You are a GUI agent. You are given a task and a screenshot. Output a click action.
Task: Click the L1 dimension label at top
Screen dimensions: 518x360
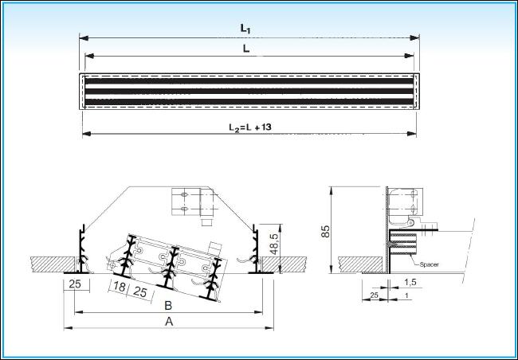(x=245, y=29)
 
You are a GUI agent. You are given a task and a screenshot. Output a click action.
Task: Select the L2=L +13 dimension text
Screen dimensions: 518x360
(x=250, y=127)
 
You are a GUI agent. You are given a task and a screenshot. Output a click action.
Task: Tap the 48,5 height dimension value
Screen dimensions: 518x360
(x=274, y=244)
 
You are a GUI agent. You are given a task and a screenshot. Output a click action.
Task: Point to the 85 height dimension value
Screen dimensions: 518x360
(x=325, y=231)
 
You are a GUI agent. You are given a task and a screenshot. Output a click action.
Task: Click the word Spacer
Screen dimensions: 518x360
(x=429, y=264)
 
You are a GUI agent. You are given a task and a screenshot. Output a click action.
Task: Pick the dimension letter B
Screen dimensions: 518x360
(x=168, y=306)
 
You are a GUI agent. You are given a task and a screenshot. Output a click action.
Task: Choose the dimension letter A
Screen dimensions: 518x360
(x=169, y=321)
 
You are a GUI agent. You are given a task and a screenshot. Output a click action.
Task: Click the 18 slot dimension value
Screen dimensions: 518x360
(x=120, y=287)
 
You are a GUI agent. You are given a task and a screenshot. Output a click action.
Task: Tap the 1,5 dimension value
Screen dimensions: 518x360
(x=410, y=282)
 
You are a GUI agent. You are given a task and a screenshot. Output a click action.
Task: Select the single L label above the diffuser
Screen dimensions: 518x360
(x=246, y=49)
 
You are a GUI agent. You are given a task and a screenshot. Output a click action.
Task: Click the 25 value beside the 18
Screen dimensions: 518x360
(x=140, y=292)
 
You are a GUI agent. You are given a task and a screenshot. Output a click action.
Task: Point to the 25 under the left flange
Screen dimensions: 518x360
(x=75, y=284)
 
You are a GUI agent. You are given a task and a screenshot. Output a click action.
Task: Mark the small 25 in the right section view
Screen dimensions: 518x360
(x=374, y=295)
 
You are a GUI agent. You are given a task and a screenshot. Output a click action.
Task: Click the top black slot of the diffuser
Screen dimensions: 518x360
(x=249, y=81)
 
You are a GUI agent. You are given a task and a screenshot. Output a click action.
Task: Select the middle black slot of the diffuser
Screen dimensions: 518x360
(x=249, y=91)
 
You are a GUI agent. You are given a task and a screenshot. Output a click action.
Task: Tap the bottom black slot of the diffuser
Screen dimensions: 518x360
(x=249, y=102)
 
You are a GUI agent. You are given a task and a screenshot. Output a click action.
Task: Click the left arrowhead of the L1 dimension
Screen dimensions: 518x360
(x=84, y=38)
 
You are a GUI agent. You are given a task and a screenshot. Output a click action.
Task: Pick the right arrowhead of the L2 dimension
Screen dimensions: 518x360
(x=412, y=134)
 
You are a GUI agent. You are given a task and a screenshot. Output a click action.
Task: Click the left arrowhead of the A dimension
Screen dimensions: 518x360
(x=68, y=328)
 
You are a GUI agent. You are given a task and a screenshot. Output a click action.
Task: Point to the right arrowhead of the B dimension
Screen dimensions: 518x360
(x=258, y=311)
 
